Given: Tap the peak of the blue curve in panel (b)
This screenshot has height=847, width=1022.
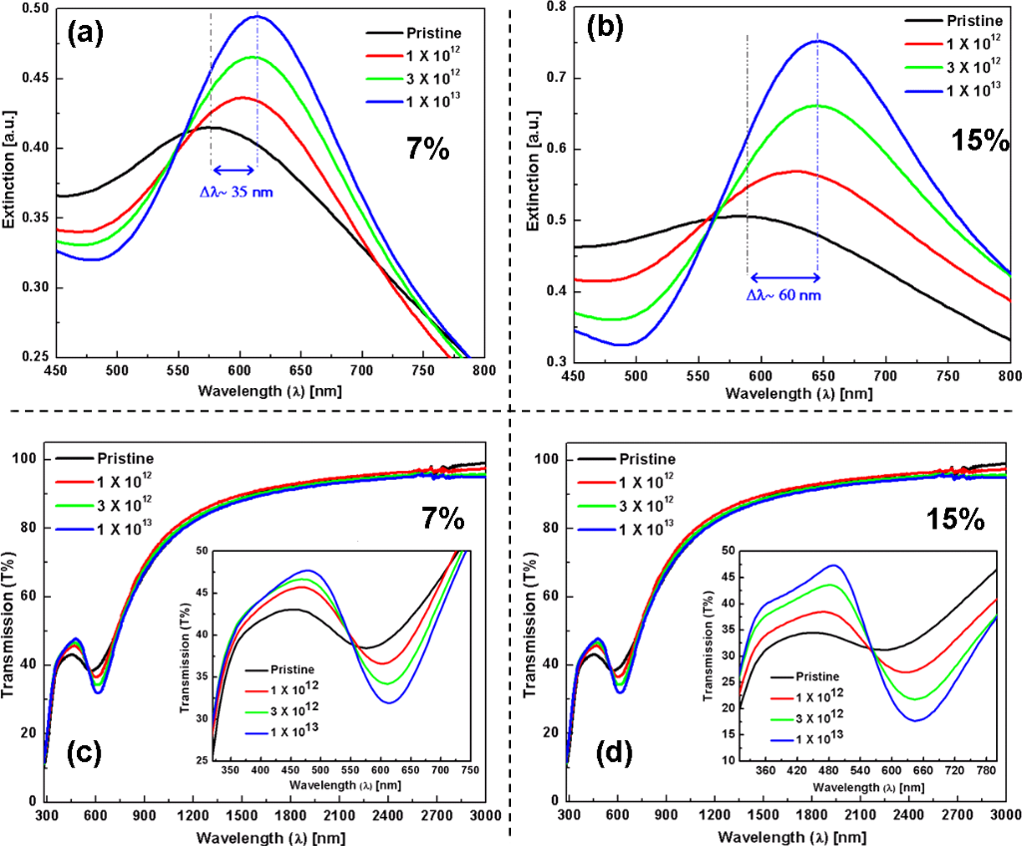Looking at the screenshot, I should tap(817, 41).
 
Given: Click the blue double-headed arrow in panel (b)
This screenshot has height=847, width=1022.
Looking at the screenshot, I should tap(782, 276).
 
